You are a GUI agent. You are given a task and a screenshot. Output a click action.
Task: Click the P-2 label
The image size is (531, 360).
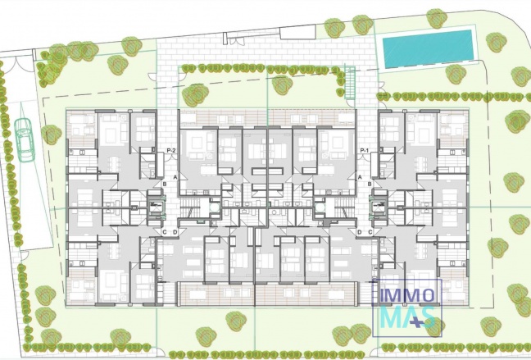tap(171, 150)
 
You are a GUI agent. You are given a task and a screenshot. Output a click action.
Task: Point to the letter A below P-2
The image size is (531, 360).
tap(175, 177)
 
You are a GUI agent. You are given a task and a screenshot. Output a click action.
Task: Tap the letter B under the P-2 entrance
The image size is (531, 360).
tap(165, 185)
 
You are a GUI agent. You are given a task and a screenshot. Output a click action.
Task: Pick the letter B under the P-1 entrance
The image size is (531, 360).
tap(370, 185)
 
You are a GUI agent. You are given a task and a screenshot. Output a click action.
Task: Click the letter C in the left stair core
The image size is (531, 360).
tap(165, 232)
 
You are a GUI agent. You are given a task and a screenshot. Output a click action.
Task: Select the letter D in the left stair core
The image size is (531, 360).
tap(175, 232)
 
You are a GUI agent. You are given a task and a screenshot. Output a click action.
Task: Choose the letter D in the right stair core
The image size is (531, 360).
tap(359, 232)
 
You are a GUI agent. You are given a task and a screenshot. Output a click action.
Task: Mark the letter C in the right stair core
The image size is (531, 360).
tap(370, 232)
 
